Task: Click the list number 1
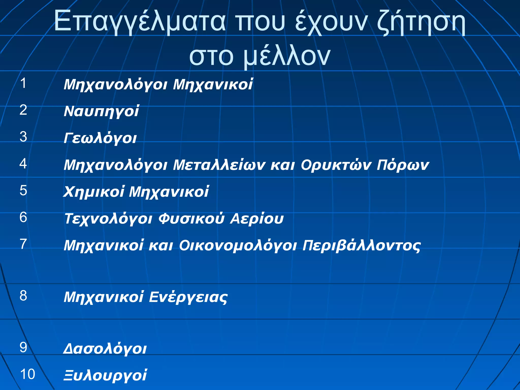(23, 83)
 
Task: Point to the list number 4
(23, 164)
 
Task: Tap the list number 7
(23, 244)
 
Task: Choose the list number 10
(27, 374)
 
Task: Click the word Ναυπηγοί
(101, 111)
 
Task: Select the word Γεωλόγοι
(100, 138)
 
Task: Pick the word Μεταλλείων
(219, 165)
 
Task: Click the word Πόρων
(403, 165)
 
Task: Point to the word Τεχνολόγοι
(108, 219)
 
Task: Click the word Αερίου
(257, 219)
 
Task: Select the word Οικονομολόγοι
(238, 246)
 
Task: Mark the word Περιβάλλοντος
(362, 246)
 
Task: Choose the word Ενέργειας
(188, 297)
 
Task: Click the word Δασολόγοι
(105, 349)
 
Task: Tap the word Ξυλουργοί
(105, 375)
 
